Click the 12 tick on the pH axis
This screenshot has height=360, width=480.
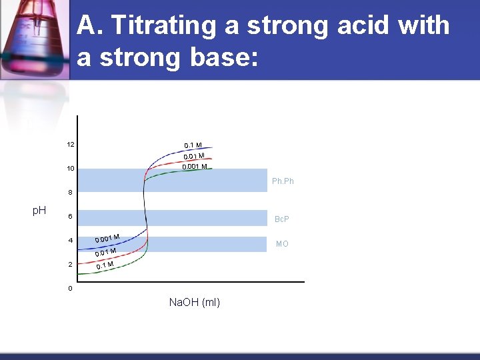point(70,145)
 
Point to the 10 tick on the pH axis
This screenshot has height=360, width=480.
point(70,169)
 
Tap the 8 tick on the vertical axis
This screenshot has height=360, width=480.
point(70,193)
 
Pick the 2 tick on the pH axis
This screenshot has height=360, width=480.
point(70,265)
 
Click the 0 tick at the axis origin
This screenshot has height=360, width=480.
point(70,289)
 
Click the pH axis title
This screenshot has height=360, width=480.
point(39,211)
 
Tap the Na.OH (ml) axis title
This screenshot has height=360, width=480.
point(194,303)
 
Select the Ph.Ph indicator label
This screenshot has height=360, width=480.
point(283,181)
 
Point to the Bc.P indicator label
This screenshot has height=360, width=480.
point(282,219)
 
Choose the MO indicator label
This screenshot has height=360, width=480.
point(282,244)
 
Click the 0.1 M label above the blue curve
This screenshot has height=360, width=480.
point(193,145)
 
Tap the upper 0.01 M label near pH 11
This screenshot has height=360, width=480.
point(194,156)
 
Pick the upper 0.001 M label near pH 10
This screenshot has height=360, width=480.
point(195,167)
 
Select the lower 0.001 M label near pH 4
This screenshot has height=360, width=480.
point(107,238)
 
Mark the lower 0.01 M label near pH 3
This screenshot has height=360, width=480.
point(105,252)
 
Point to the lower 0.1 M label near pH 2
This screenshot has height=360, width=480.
point(105,265)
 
